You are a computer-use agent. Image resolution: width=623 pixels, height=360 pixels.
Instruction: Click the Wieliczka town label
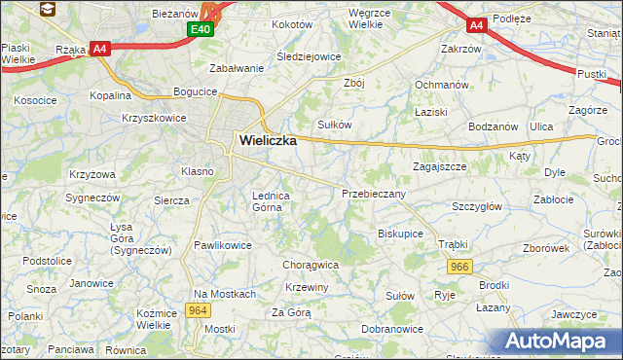(x=268, y=140)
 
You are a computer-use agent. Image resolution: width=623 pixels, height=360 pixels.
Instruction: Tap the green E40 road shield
(x=201, y=29)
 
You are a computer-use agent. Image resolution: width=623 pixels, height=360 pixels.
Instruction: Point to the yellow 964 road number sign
(x=198, y=310)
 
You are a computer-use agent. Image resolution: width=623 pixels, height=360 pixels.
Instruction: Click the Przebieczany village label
(x=374, y=194)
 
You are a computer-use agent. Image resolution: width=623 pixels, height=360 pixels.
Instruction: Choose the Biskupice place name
(x=400, y=234)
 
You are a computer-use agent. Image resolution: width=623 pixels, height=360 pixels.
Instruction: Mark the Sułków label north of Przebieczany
(x=335, y=125)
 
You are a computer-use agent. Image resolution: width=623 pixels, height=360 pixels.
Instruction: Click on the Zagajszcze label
(x=439, y=166)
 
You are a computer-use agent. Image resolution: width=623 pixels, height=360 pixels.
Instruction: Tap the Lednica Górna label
(x=272, y=200)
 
